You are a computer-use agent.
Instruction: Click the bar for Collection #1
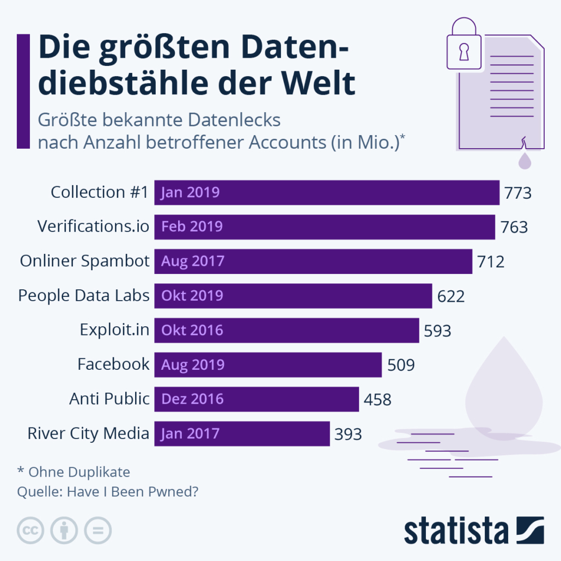pyautogui.click(x=327, y=192)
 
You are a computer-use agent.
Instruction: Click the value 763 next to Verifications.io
pyautogui.click(x=514, y=227)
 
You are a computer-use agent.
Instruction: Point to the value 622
pyautogui.click(x=451, y=296)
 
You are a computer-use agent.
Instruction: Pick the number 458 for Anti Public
pyautogui.click(x=377, y=399)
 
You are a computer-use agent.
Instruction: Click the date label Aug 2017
pyautogui.click(x=192, y=261)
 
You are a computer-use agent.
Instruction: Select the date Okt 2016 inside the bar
pyautogui.click(x=192, y=330)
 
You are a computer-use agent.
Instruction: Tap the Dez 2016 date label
pyautogui.click(x=192, y=399)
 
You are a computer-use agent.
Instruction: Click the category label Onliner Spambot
pyautogui.click(x=84, y=261)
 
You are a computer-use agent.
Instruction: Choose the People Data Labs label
pyautogui.click(x=83, y=295)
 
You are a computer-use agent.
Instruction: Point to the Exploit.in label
pyautogui.click(x=114, y=330)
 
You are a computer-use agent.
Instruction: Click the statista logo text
pyautogui.click(x=455, y=531)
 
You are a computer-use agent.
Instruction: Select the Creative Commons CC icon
pyautogui.click(x=31, y=529)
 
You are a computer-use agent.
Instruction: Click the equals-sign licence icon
pyautogui.click(x=98, y=529)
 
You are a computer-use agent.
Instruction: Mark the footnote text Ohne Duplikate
pyautogui.click(x=79, y=472)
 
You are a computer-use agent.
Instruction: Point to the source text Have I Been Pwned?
pyautogui.click(x=132, y=492)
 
